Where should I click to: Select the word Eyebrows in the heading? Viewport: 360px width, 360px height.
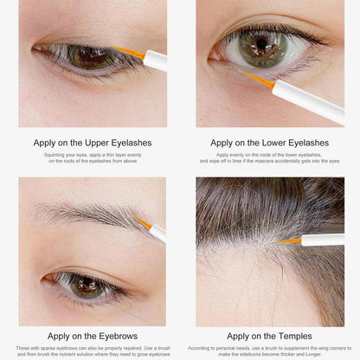click(119, 337)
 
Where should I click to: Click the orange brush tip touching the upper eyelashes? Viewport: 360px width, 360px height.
click(127, 52)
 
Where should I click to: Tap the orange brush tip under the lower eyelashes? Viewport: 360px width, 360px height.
click(257, 79)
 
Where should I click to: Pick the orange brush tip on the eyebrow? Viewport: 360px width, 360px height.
click(142, 222)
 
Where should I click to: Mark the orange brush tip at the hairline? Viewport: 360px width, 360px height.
click(289, 241)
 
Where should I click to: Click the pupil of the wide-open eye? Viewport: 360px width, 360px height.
click(261, 44)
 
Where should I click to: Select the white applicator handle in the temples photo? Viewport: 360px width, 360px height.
click(323, 240)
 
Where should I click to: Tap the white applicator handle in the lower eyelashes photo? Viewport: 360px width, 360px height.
click(309, 101)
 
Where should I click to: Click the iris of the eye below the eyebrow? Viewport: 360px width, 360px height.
click(85, 286)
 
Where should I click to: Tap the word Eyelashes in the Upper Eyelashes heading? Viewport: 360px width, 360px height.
click(132, 143)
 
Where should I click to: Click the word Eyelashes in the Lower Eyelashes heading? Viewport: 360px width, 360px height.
click(309, 143)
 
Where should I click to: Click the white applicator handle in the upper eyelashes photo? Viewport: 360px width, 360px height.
click(155, 61)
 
